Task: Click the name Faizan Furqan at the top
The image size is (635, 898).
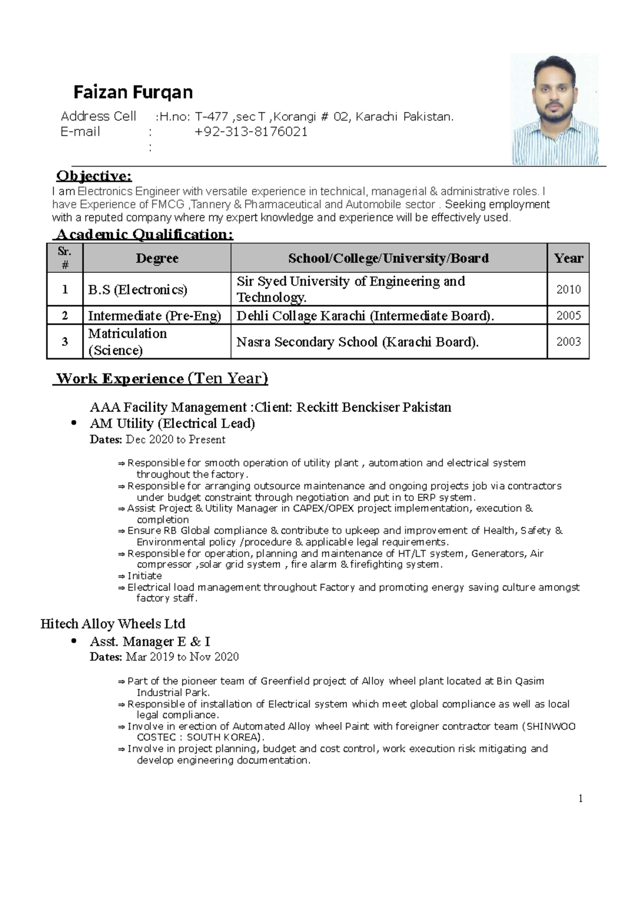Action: point(133,93)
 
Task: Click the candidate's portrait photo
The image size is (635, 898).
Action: point(555,109)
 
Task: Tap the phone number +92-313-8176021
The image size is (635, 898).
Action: point(251,132)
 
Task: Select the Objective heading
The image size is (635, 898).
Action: point(94,176)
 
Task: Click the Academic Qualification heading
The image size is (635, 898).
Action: point(144,234)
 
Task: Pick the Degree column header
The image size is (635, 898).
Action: point(157,258)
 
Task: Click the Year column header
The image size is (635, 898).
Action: point(568,258)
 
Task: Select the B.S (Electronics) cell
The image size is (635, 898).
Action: point(138,289)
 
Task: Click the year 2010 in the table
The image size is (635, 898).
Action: point(568,289)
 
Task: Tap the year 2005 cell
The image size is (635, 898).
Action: point(568,316)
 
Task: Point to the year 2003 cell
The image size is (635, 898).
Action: point(568,342)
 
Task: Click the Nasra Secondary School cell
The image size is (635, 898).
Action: point(357,342)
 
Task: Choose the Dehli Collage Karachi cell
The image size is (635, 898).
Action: point(365,316)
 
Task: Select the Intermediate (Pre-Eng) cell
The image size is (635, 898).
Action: point(154,316)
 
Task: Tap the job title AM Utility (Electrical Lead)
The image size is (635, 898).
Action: point(173,423)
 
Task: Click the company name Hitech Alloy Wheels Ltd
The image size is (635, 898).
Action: point(113,624)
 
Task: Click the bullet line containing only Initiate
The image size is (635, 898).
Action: point(144,576)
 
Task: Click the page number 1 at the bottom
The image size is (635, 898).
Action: point(580,799)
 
